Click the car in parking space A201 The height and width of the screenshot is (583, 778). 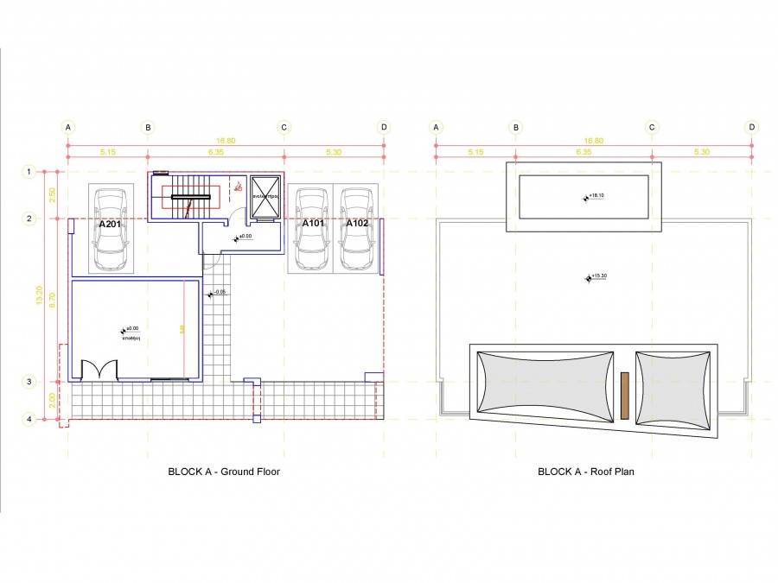(110, 230)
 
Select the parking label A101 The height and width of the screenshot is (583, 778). (312, 223)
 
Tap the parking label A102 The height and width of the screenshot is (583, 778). (357, 223)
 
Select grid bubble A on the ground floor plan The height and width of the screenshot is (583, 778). (68, 127)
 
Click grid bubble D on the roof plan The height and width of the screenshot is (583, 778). (753, 127)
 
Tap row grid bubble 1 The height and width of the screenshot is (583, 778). (29, 172)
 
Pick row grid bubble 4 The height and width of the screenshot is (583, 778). (29, 420)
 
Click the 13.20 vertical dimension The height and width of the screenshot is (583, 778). (39, 295)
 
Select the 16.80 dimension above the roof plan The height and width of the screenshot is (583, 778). (593, 140)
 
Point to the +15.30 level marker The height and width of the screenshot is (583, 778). (596, 276)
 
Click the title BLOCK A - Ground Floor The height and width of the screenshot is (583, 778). (223, 472)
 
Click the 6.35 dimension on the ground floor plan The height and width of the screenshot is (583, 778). (215, 152)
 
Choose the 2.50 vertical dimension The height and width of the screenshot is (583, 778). (52, 195)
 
